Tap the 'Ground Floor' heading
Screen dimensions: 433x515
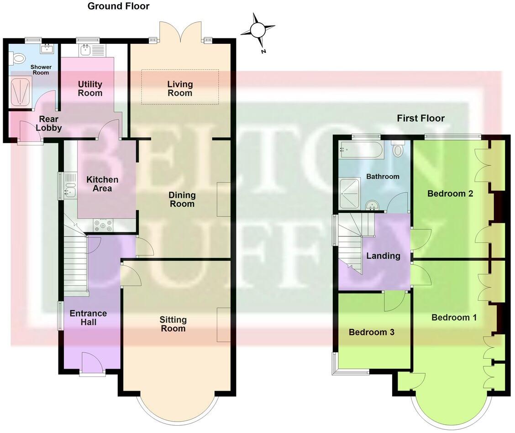point(118,6)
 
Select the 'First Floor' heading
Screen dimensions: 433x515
point(420,119)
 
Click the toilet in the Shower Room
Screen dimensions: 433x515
point(18,57)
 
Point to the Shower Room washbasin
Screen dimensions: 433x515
point(47,48)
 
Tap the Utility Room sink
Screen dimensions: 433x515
point(85,50)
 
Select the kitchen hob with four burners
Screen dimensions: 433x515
point(103,225)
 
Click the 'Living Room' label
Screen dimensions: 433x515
point(180,88)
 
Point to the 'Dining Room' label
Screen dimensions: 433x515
point(182,199)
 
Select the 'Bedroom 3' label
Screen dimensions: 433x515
point(371,332)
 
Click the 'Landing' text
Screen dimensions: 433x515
point(383,256)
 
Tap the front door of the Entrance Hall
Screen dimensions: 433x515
point(92,363)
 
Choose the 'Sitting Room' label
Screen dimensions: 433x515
point(173,324)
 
